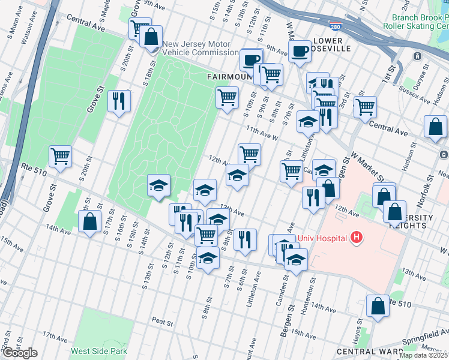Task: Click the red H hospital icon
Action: tap(357, 238)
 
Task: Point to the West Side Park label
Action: tap(99, 351)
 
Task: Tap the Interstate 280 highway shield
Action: tap(334, 26)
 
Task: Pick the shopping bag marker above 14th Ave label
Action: tap(89, 221)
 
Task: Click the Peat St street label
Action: tap(162, 320)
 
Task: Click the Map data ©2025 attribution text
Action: tap(423, 355)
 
